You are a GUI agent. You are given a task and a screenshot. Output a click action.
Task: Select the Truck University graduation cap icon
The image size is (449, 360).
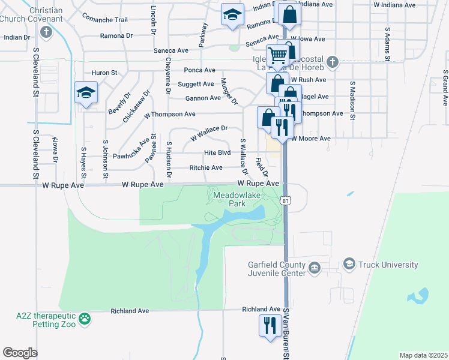coord(349,264)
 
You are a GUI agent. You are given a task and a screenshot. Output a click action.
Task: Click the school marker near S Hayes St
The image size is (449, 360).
coord(86,93)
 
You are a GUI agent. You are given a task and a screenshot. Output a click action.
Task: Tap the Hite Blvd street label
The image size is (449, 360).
coord(217,152)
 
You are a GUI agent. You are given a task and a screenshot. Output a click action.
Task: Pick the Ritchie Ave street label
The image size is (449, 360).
coord(206,167)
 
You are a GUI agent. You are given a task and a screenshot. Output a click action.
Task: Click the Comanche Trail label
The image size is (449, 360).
coord(104,20)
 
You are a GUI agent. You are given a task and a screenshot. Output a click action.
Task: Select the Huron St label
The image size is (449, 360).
coord(104,73)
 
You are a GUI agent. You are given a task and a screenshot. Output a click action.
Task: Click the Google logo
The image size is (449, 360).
coord(19,353)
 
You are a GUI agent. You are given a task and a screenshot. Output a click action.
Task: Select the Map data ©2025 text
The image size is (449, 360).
coord(423,355)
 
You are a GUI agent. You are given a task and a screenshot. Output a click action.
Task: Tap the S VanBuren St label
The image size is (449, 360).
coord(286,339)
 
